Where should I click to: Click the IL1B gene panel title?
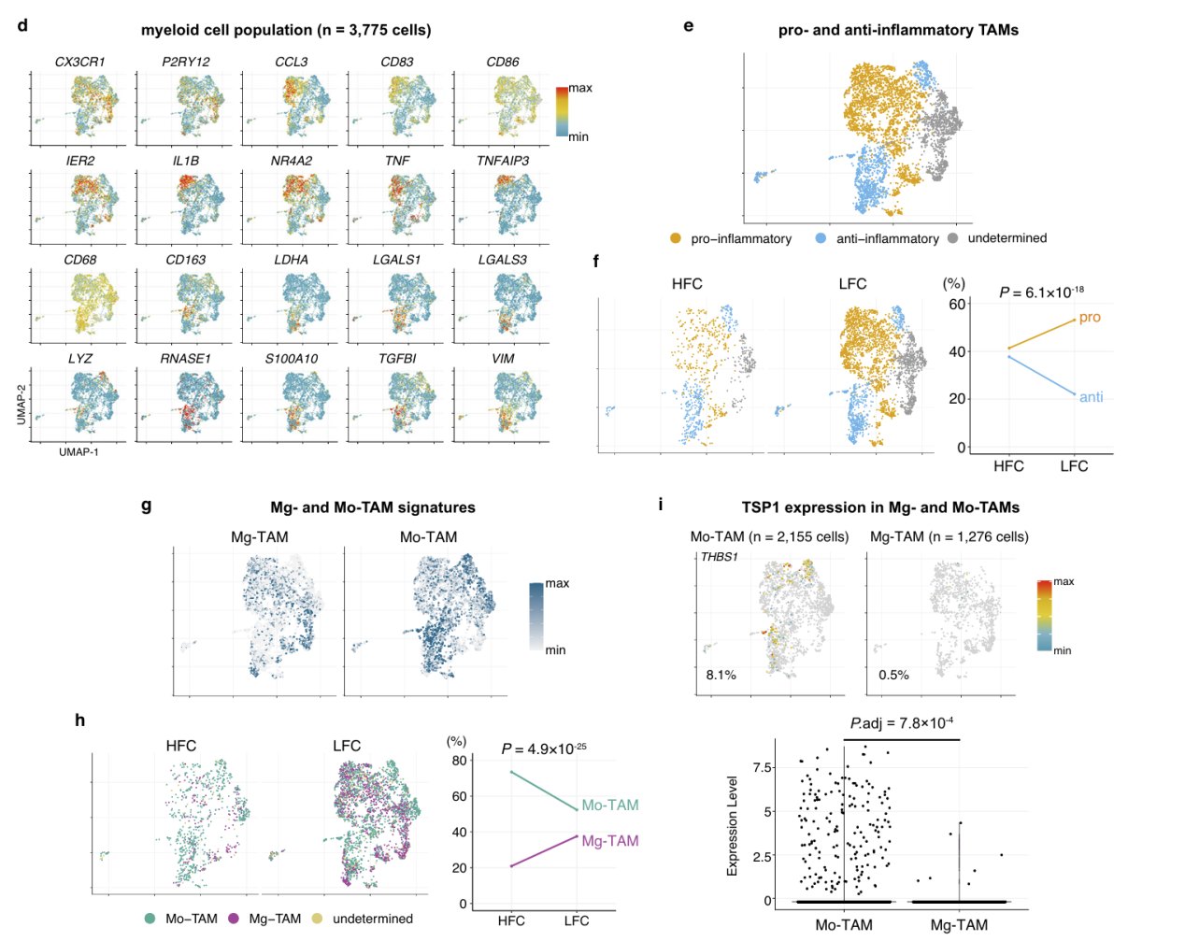click(186, 161)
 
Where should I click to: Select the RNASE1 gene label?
click(186, 359)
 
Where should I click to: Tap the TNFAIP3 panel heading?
click(503, 161)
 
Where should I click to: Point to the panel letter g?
click(146, 505)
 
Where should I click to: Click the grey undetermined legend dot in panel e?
click(954, 238)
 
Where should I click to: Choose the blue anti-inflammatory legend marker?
click(821, 238)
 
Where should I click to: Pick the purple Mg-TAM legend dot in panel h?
click(234, 919)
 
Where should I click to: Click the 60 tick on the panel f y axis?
click(957, 305)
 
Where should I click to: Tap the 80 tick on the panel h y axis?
click(459, 761)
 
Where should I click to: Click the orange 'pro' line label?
click(1090, 317)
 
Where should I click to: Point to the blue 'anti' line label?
click(1092, 397)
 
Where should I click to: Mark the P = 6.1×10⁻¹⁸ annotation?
click(1041, 292)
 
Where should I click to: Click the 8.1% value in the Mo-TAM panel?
click(721, 675)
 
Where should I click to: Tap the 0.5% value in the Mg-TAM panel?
click(893, 675)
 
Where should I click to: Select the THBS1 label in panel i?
click(720, 557)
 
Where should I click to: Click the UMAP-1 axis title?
click(79, 452)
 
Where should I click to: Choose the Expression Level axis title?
click(732, 826)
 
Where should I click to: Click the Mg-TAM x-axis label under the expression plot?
click(959, 925)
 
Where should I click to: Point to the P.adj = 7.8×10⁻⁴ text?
click(903, 723)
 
